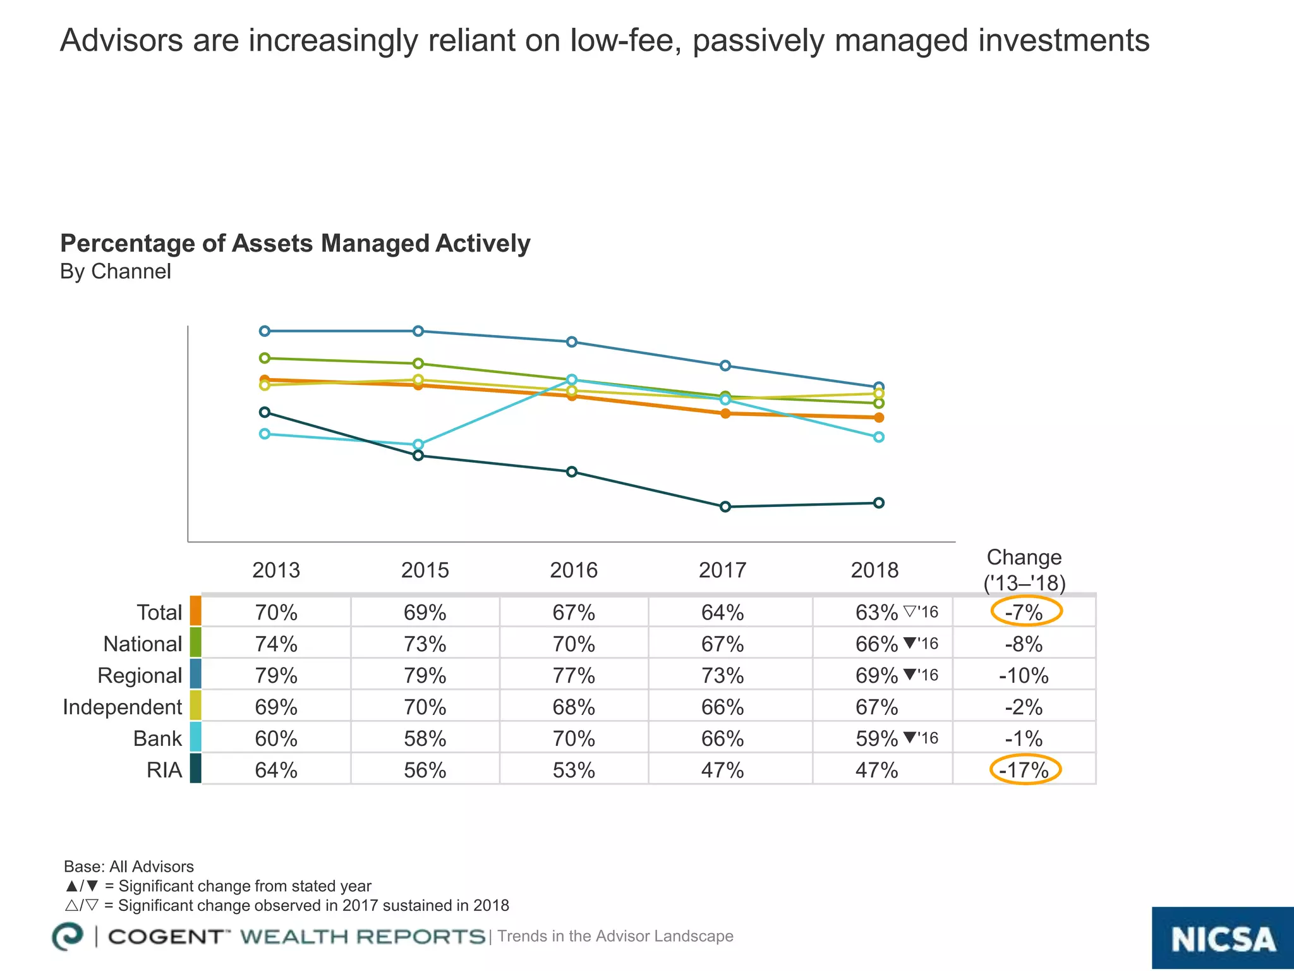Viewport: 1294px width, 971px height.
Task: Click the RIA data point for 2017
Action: (725, 506)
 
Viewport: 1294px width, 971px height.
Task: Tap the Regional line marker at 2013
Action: (265, 331)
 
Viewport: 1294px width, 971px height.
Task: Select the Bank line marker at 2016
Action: (572, 379)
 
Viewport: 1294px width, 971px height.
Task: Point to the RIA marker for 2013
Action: (265, 412)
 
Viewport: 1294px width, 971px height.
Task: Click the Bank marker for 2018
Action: (878, 437)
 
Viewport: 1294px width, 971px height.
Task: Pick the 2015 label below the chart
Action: (425, 570)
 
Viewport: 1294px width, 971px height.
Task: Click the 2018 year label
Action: (874, 570)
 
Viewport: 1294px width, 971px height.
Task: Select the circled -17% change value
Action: (1025, 769)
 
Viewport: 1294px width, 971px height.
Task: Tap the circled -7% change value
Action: (1025, 612)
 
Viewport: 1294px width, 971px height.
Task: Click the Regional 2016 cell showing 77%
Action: (573, 675)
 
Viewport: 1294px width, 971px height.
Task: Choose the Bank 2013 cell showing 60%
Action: (276, 738)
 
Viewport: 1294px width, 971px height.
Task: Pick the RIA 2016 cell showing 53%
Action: (573, 769)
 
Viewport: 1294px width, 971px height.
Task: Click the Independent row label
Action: (122, 707)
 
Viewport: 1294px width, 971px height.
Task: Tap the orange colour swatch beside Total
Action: (195, 611)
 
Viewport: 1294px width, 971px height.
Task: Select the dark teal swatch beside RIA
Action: (195, 768)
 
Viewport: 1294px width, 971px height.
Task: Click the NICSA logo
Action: (1222, 939)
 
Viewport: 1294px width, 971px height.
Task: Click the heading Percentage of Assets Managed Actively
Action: (295, 243)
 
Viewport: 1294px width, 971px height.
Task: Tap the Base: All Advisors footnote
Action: (129, 867)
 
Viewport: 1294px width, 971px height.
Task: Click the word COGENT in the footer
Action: (166, 937)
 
